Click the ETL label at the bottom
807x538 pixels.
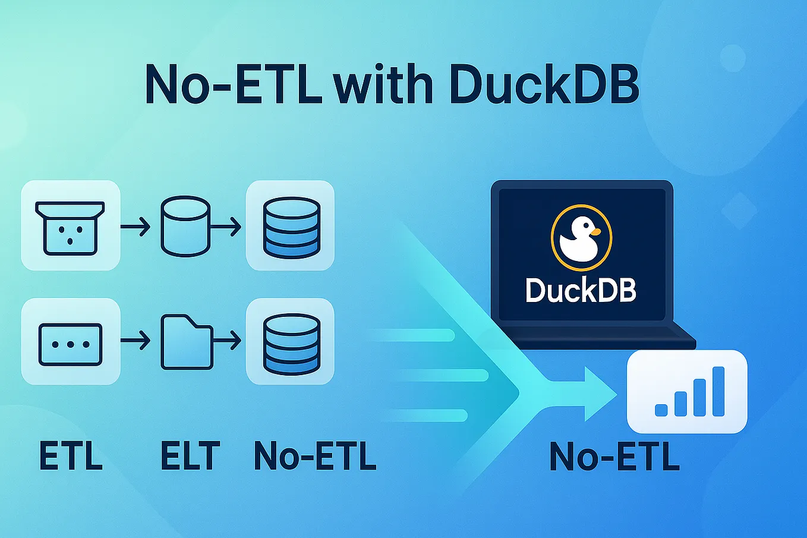coord(71,456)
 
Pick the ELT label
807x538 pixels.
coord(190,456)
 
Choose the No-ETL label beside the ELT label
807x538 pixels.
coord(315,456)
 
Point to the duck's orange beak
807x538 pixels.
coord(596,231)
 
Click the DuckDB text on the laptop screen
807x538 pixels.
coord(581,291)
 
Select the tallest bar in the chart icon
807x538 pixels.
coord(718,391)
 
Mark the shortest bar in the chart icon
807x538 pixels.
coord(661,410)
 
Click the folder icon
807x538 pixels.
coord(187,342)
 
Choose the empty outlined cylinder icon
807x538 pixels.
coord(185,226)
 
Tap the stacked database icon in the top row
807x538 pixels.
coord(291,226)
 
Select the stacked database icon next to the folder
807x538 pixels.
coord(291,342)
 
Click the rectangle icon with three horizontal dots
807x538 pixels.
coord(71,344)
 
